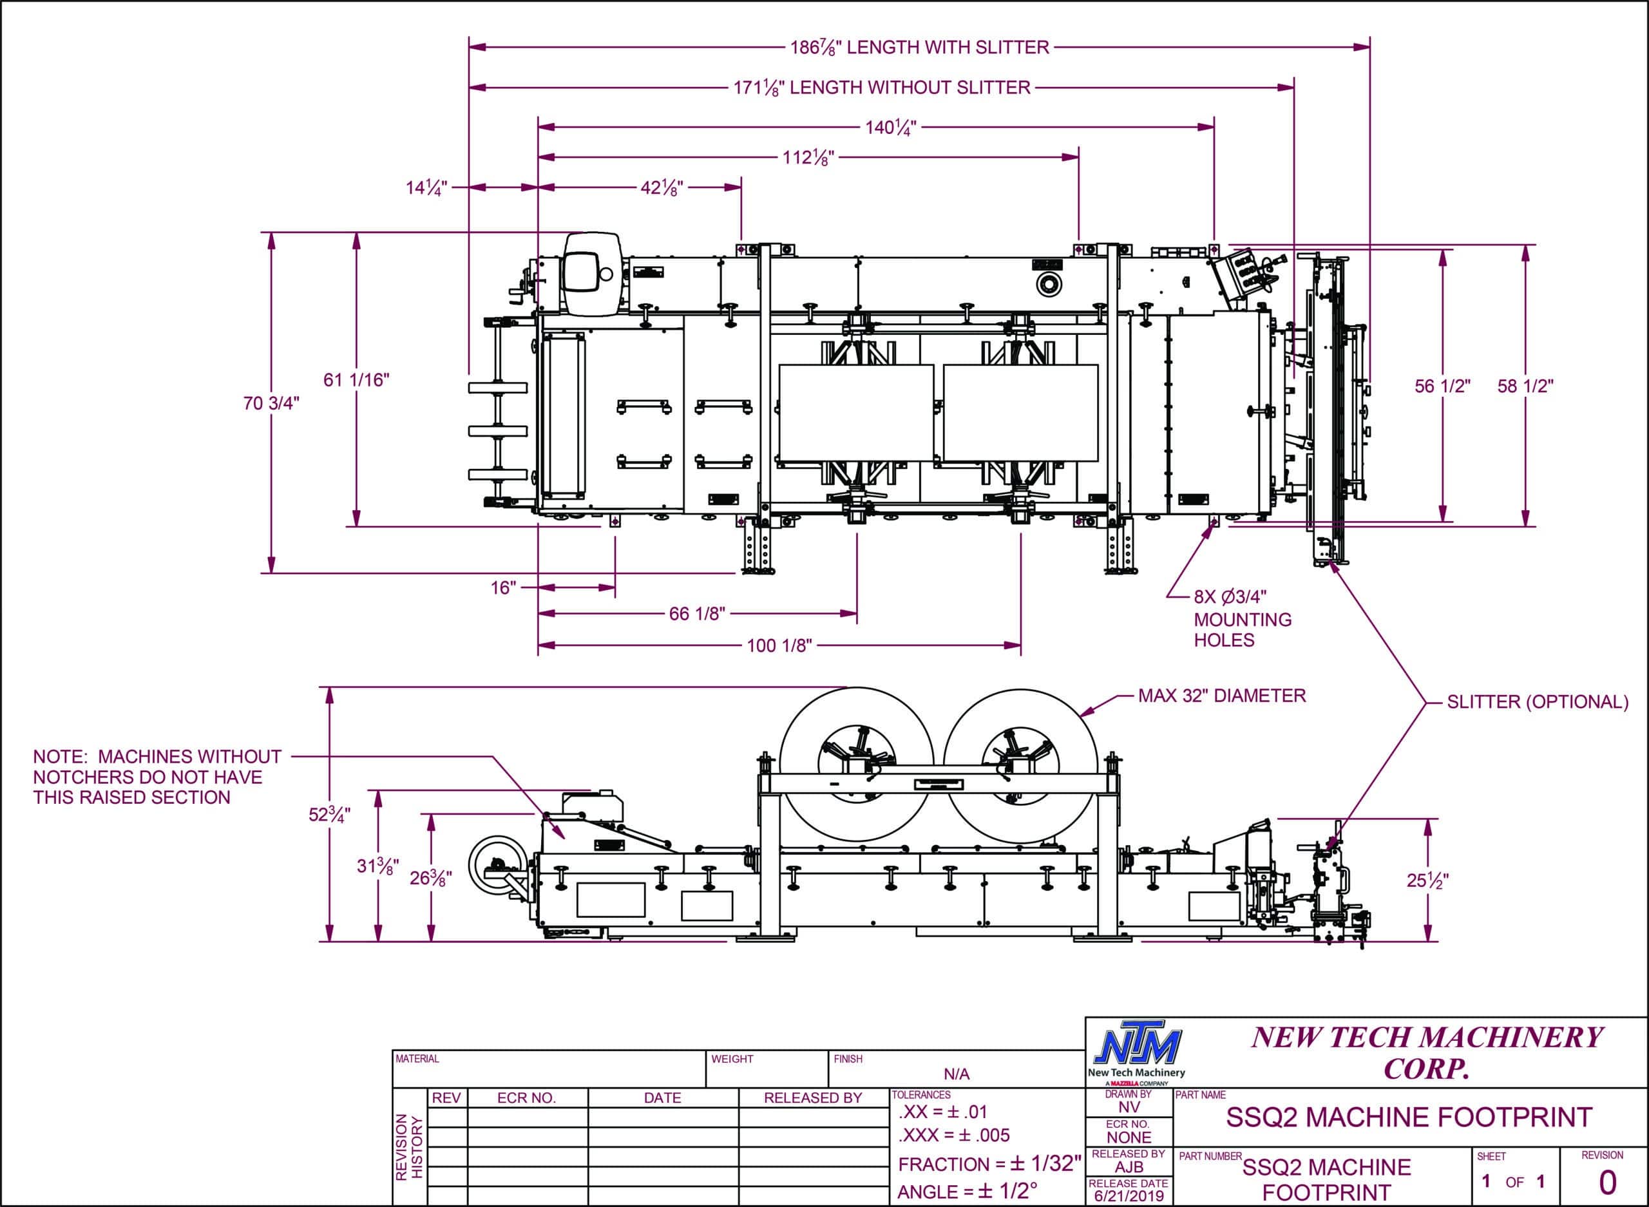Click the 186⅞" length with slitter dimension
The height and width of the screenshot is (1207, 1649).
coord(919,48)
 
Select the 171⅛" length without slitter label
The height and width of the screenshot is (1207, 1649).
coord(882,88)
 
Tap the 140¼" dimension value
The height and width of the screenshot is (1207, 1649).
coord(891,128)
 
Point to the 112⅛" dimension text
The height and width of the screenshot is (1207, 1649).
coord(808,157)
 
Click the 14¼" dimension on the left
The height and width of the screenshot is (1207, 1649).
coord(426,188)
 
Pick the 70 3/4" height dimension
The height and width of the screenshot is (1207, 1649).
coord(272,403)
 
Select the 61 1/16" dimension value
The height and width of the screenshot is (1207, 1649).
coord(357,380)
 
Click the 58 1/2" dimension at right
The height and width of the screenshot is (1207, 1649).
coord(1525,386)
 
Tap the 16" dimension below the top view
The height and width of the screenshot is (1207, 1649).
coord(503,587)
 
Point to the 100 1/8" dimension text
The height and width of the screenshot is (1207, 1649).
coord(779,646)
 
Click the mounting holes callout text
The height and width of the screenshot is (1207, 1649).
coord(1242,619)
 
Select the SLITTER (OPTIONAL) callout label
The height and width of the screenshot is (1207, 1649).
coord(1537,701)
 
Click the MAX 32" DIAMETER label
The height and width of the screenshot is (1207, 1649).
coord(1221,696)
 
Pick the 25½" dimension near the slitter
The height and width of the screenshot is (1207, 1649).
coord(1427,880)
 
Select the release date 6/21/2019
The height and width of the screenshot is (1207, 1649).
coord(1128,1196)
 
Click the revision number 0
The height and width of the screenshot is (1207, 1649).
coord(1608,1181)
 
